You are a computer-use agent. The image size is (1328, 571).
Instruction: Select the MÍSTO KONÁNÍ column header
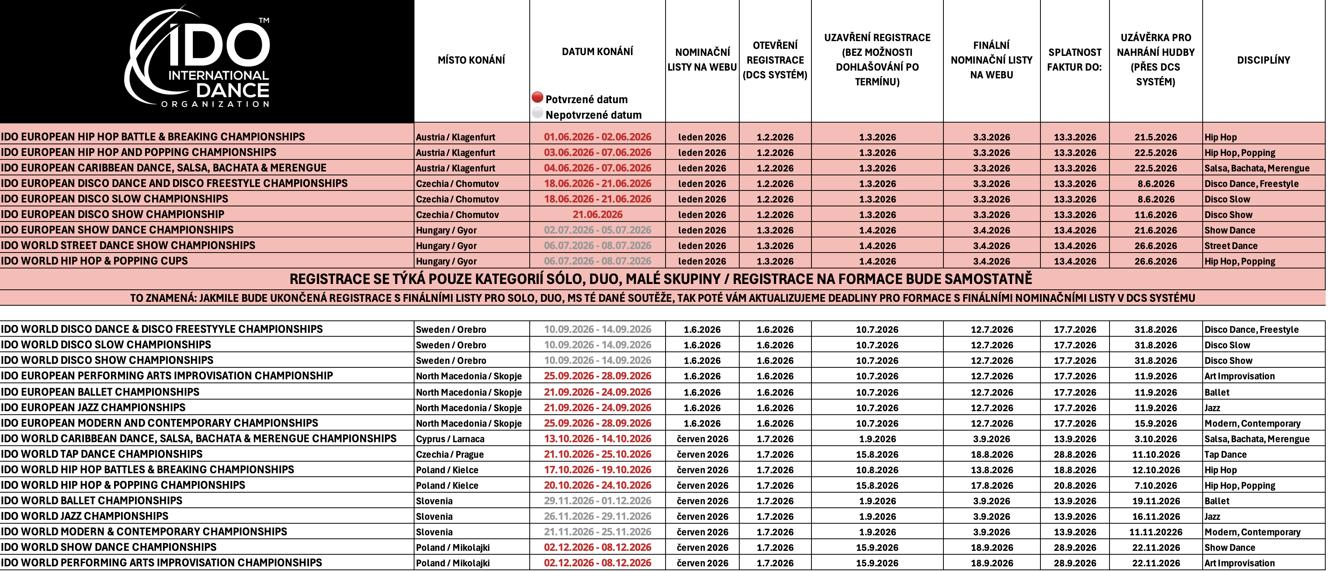(x=471, y=60)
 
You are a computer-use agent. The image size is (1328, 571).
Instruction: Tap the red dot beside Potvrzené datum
(x=537, y=97)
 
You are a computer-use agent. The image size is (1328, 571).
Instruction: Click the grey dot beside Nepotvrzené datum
(x=537, y=113)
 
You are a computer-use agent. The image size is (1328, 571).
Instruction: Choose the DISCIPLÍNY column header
(x=1263, y=60)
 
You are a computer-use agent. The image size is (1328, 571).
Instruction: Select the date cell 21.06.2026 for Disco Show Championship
(x=598, y=215)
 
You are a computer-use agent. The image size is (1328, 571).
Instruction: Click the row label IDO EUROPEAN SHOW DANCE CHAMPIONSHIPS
(x=117, y=230)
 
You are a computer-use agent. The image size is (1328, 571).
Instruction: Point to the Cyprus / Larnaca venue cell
(x=450, y=439)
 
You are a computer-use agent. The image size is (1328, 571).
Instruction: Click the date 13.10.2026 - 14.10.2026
(x=598, y=439)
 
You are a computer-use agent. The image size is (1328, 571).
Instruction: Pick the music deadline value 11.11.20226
(x=1156, y=532)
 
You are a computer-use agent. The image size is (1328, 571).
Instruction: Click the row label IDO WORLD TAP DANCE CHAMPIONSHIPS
(x=102, y=454)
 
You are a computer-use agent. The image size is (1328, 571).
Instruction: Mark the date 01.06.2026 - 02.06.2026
(x=598, y=137)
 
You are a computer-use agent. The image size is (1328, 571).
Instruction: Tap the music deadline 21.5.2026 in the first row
(x=1155, y=137)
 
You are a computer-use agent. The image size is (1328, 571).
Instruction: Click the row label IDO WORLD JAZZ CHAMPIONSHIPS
(x=85, y=516)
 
